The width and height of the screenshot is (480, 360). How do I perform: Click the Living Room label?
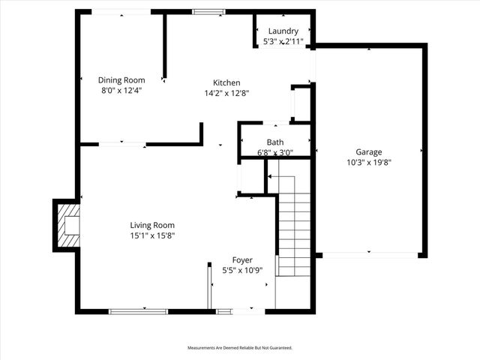(x=152, y=225)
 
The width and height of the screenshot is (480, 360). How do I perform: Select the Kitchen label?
(x=226, y=83)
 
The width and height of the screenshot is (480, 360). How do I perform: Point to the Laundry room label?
(x=283, y=31)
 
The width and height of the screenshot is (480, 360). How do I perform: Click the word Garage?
(x=369, y=151)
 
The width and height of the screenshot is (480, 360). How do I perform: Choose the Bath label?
(x=275, y=142)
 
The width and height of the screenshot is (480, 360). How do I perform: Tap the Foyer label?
(x=242, y=259)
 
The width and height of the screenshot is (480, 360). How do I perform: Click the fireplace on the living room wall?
(x=66, y=225)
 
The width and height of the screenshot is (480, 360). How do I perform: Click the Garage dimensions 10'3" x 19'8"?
(x=369, y=161)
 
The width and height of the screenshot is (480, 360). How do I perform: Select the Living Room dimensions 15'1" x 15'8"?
(x=152, y=235)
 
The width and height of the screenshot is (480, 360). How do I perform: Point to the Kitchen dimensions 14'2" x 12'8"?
(x=226, y=94)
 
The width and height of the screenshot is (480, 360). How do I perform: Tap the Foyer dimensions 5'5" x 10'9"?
(x=242, y=270)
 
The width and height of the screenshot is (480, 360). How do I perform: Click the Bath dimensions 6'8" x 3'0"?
(x=275, y=153)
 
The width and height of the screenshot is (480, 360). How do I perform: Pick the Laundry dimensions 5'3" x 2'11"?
(x=283, y=42)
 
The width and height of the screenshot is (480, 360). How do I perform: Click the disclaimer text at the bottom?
(x=240, y=348)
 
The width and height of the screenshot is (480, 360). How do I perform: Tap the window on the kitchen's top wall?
(x=208, y=11)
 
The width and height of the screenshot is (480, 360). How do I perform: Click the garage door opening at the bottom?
(x=370, y=256)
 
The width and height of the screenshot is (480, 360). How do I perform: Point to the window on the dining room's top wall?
(x=121, y=11)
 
